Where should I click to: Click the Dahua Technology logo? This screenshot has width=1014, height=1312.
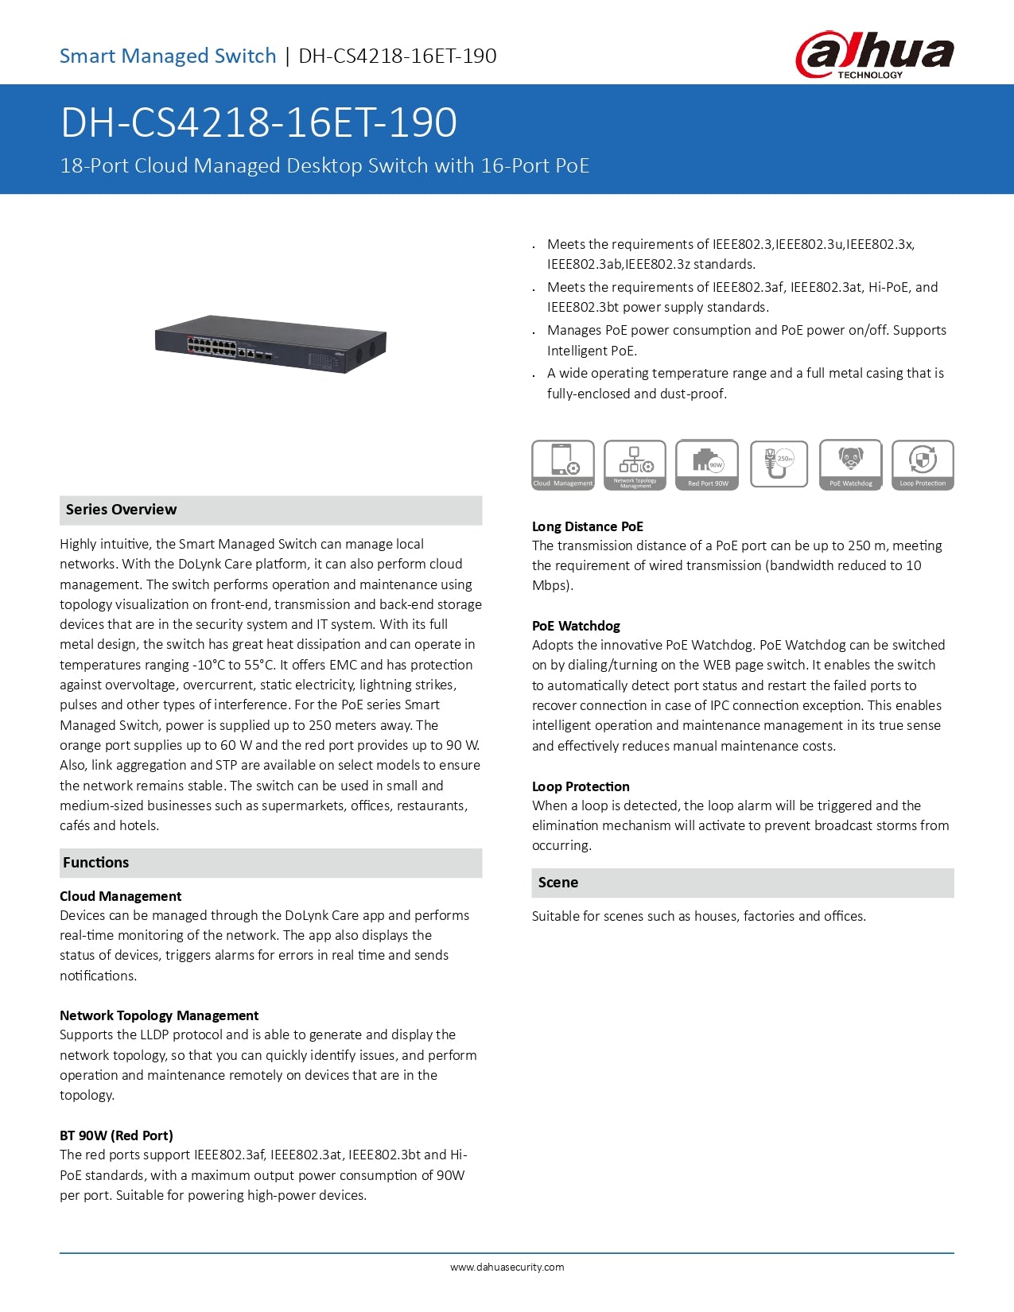pyautogui.click(x=874, y=54)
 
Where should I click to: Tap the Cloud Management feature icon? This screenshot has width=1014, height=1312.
pyautogui.click(x=562, y=464)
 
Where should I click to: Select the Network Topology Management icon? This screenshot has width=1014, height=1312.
pyautogui.click(x=635, y=464)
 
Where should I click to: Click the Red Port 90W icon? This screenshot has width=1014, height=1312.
pyautogui.click(x=707, y=464)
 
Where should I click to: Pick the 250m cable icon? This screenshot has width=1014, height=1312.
pyautogui.click(x=779, y=464)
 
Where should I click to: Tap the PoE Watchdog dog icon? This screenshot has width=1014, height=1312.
pyautogui.click(x=850, y=464)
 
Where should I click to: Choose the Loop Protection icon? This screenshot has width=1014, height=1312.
pyautogui.click(x=923, y=464)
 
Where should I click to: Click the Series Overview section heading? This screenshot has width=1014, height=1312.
pyautogui.click(x=122, y=510)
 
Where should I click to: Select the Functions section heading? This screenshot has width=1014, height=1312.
pyautogui.click(x=96, y=863)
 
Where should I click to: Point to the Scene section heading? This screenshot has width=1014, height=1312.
pyautogui.click(x=558, y=883)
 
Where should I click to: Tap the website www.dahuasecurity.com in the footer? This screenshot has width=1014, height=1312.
pyautogui.click(x=507, y=1267)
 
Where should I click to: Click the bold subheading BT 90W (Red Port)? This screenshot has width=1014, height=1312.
pyautogui.click(x=116, y=1135)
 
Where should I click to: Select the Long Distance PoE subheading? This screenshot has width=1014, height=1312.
pyautogui.click(x=588, y=526)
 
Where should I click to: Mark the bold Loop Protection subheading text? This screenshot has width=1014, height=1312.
pyautogui.click(x=581, y=786)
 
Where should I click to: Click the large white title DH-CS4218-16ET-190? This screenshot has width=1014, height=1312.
pyautogui.click(x=258, y=122)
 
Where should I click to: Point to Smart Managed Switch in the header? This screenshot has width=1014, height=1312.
pyautogui.click(x=168, y=56)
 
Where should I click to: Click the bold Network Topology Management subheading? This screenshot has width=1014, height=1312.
pyautogui.click(x=159, y=1015)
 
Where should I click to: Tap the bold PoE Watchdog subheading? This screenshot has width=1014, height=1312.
pyautogui.click(x=576, y=626)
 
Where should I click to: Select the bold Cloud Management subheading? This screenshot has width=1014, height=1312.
pyautogui.click(x=120, y=896)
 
